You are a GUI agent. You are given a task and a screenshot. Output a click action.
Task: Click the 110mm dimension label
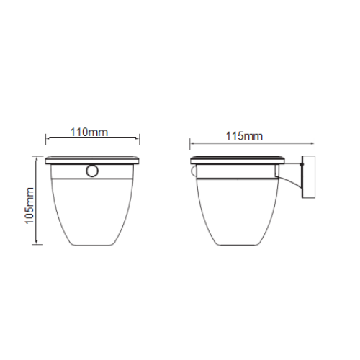coord(89,132)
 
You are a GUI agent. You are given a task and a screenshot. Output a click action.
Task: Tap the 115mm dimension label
coord(244,136)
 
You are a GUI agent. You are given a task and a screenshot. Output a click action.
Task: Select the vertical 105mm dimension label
coord(30,206)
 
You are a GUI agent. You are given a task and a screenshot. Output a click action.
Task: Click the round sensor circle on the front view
coord(92,171)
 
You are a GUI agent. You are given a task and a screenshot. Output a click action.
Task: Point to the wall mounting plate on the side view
coord(308,177)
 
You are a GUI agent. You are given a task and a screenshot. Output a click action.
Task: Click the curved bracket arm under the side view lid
coord(291,181)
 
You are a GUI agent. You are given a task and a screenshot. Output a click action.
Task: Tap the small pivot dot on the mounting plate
coord(302,164)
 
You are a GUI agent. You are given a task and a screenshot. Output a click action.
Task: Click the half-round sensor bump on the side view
coord(194,171)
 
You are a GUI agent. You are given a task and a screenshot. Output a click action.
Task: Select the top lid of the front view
coord(92,160)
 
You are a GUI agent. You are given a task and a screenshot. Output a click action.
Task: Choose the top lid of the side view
coord(238,160)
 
